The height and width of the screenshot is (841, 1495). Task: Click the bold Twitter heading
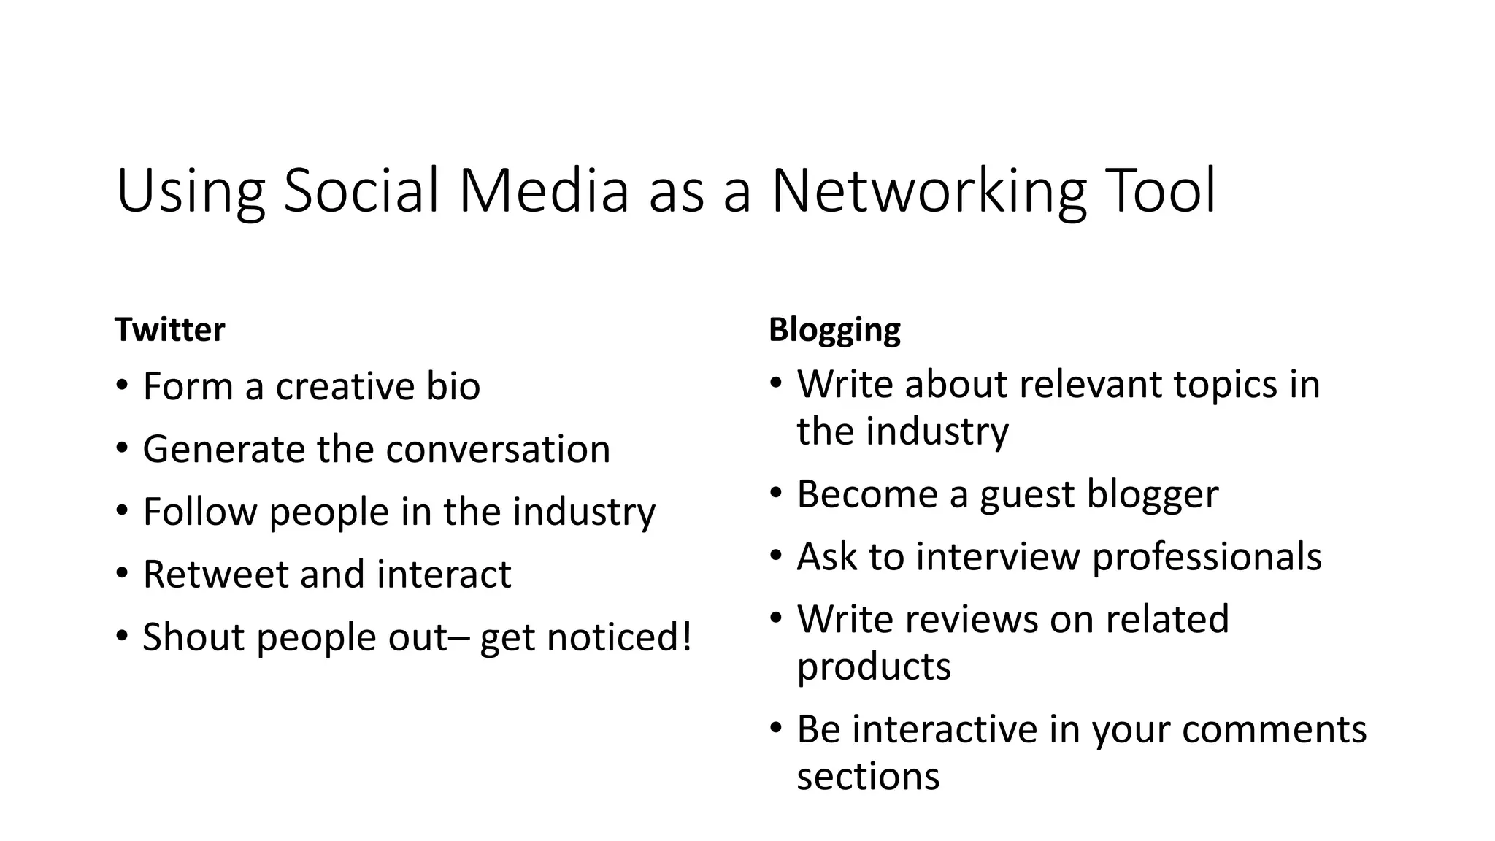169,330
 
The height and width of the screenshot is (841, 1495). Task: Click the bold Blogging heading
834,330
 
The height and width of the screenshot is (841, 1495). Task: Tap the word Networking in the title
928,191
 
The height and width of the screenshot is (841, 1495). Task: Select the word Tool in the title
1160,191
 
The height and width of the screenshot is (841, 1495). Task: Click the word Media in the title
543,191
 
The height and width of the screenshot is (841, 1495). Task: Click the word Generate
223,449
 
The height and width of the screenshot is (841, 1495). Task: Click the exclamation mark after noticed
685,636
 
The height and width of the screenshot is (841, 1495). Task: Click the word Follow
199,512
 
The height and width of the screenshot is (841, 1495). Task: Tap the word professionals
1206,558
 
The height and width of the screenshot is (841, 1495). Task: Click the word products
874,667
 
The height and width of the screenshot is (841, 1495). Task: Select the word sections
868,776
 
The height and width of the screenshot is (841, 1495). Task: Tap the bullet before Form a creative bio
122,386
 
